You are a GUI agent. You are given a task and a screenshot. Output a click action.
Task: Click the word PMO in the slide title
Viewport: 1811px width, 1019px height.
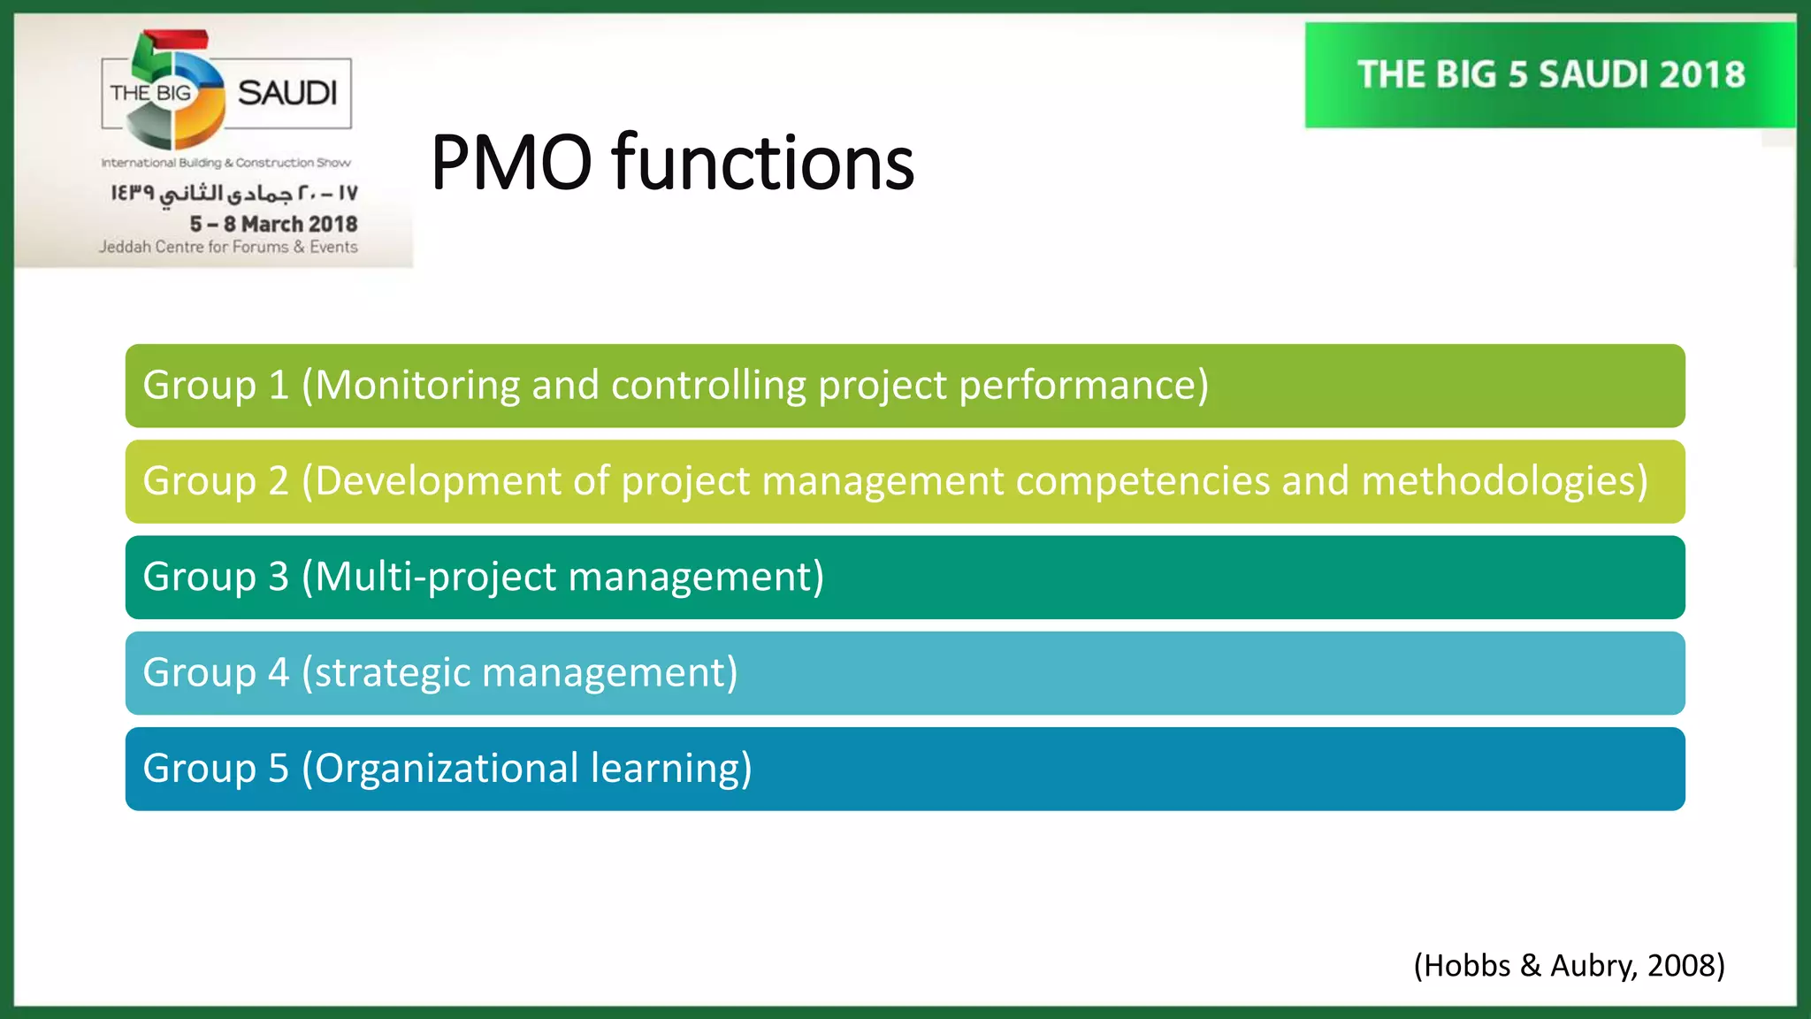tap(510, 163)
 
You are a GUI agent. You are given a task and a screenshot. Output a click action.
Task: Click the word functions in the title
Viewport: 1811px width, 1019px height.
tap(762, 163)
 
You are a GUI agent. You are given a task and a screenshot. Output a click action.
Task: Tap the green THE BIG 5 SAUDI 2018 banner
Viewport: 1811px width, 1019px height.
tap(1550, 75)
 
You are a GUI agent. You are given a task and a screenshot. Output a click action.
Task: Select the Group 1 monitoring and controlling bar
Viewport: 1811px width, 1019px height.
tap(904, 386)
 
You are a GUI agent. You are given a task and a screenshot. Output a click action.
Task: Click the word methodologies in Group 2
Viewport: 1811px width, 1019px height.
tap(1504, 481)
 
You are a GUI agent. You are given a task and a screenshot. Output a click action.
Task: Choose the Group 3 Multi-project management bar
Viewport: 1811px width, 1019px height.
tap(904, 577)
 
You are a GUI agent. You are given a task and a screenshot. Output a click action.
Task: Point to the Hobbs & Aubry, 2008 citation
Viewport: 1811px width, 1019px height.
tap(1569, 965)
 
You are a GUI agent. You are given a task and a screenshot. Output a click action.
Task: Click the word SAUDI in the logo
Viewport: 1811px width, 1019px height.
tap(287, 93)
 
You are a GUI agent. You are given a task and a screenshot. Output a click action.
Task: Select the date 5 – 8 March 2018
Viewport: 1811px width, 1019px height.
tap(273, 224)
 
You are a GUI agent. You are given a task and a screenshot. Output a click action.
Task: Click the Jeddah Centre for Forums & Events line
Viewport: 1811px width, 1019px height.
tap(228, 247)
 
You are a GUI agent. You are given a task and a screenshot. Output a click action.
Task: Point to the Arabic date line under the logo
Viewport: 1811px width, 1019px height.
tap(234, 193)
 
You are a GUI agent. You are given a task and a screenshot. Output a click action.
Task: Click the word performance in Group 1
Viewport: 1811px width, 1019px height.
tap(1082, 386)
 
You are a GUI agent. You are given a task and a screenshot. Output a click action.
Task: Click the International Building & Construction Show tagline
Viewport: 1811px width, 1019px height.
tap(225, 163)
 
